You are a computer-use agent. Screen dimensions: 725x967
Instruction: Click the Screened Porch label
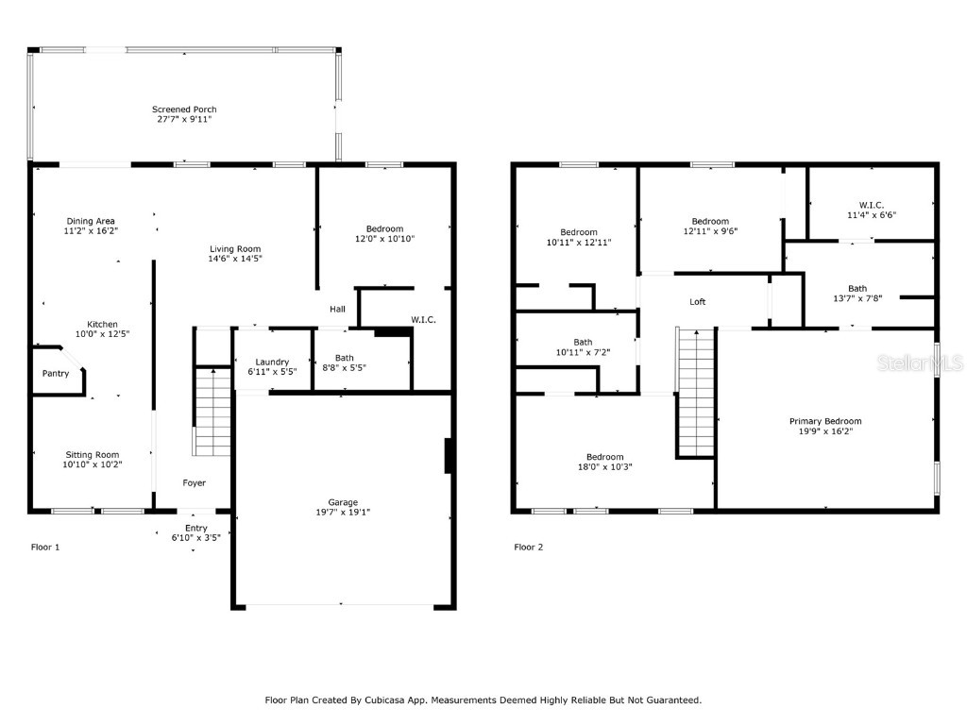[184, 110]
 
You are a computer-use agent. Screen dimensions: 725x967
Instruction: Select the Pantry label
[56, 374]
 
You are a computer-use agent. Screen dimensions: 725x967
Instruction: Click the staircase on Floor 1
[212, 413]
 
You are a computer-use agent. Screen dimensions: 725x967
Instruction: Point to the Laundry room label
[272, 362]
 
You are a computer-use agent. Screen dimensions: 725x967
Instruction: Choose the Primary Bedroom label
[825, 421]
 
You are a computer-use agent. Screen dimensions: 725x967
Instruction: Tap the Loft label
[697, 302]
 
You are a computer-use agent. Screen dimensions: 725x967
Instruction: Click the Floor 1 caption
[45, 547]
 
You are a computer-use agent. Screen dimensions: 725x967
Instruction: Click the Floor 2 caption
[528, 547]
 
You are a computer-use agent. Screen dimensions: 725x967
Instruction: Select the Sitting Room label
[93, 454]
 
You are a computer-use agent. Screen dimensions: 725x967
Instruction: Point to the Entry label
[195, 528]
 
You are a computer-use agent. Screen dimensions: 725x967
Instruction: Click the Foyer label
[194, 483]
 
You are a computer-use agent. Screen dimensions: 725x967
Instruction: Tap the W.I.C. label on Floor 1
[423, 320]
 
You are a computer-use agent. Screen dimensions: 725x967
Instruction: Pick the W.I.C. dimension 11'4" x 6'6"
[871, 215]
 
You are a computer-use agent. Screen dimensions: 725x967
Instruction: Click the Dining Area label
[91, 221]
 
